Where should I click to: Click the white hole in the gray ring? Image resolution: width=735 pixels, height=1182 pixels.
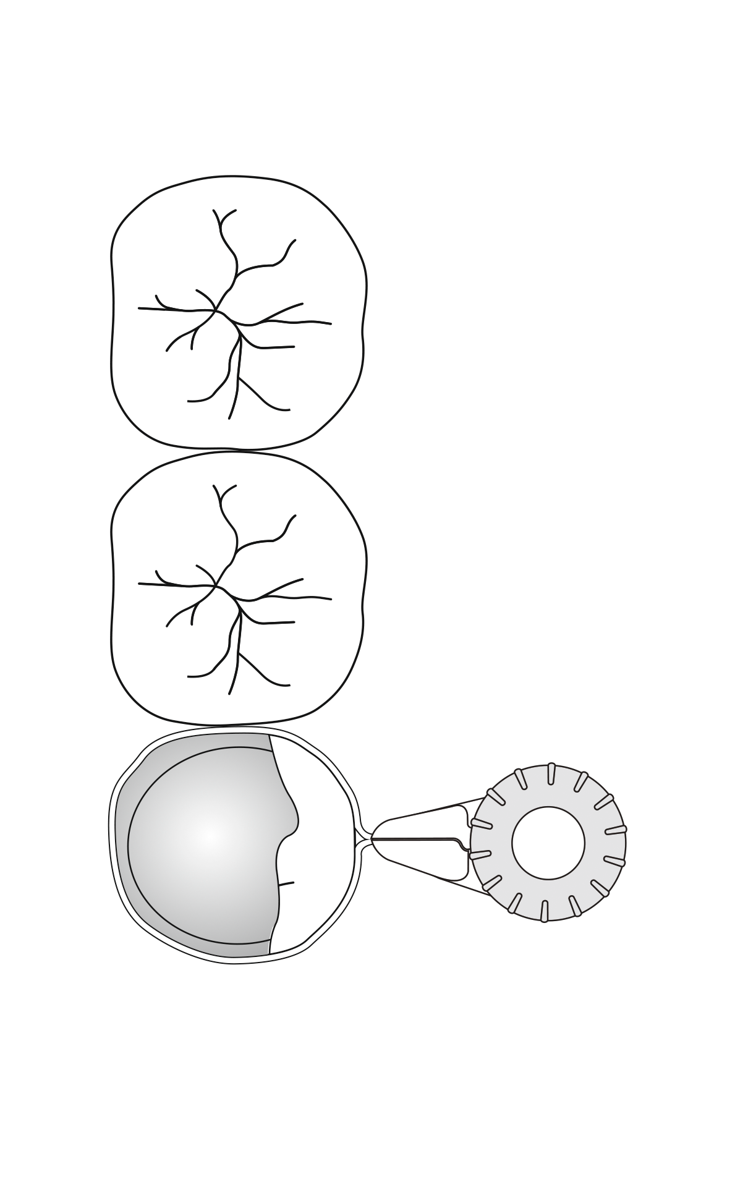(548, 842)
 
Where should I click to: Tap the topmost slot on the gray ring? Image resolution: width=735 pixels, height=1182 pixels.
(548, 774)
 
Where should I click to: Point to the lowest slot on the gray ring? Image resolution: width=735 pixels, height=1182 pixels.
(545, 911)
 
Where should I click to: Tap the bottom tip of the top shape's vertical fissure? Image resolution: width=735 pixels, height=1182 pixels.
(229, 418)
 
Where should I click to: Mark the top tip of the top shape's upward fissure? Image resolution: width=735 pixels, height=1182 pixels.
(215, 210)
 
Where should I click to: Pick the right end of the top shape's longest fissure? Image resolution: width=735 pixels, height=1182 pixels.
(331, 323)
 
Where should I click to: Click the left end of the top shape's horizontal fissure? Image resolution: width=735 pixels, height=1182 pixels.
(138, 308)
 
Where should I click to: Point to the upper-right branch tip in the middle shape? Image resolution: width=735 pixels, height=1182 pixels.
(294, 514)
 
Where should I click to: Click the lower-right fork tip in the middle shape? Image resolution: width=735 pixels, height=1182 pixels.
(289, 684)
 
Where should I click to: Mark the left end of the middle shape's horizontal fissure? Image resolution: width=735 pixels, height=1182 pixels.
(138, 584)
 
